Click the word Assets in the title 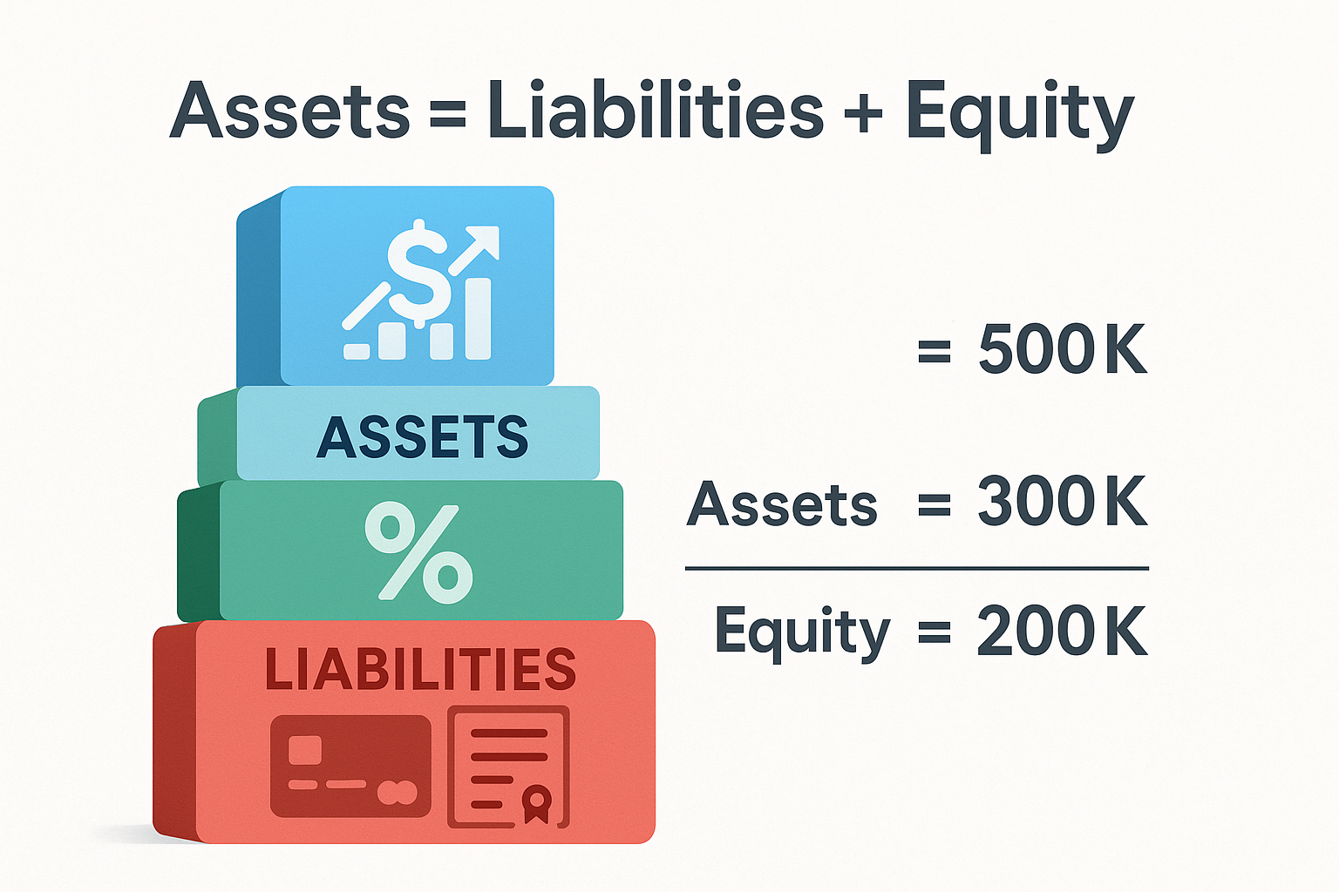pyautogui.click(x=289, y=111)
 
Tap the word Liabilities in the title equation pyautogui.click(x=656, y=111)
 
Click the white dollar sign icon pyautogui.click(x=419, y=273)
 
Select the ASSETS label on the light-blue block pyautogui.click(x=423, y=436)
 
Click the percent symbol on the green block pyautogui.click(x=418, y=552)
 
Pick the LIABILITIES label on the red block pyautogui.click(x=420, y=669)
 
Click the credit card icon pyautogui.click(x=350, y=767)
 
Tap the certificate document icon pyautogui.click(x=508, y=767)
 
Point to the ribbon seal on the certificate pyautogui.click(x=536, y=803)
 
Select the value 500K pyautogui.click(x=1062, y=349)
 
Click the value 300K pyautogui.click(x=1062, y=502)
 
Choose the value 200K pyautogui.click(x=1062, y=631)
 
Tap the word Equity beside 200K pyautogui.click(x=802, y=632)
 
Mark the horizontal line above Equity pyautogui.click(x=916, y=568)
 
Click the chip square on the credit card pyautogui.click(x=305, y=749)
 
